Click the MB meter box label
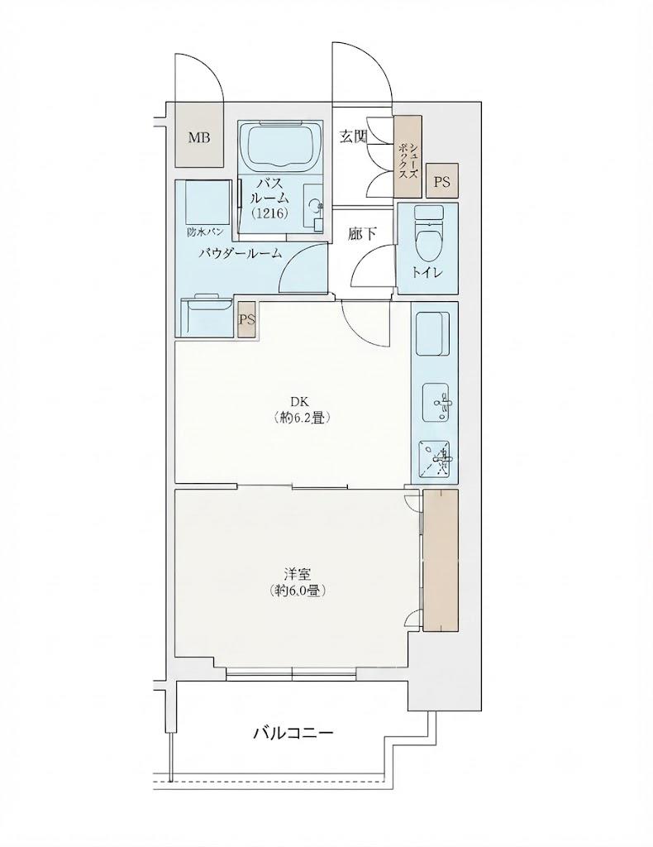tap(198, 137)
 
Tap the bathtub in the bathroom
tap(280, 146)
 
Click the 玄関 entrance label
tap(353, 136)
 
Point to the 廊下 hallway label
tap(362, 232)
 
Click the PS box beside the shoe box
tap(442, 182)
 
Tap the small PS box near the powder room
tap(247, 319)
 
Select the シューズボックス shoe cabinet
tap(407, 156)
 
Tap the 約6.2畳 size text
tap(301, 418)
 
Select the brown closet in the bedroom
tap(441, 560)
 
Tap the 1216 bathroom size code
tap(269, 213)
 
